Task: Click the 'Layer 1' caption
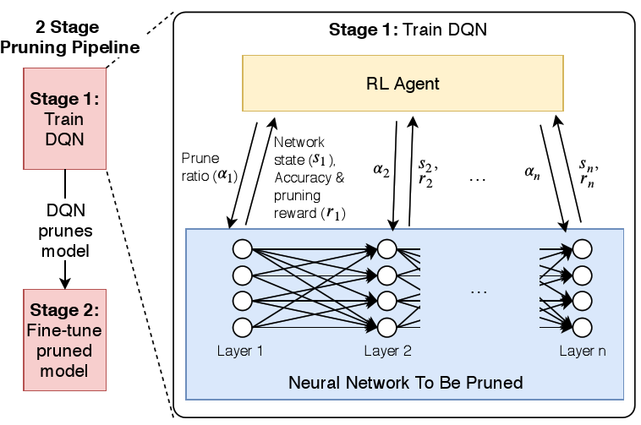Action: [241, 350]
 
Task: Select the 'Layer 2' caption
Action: [388, 350]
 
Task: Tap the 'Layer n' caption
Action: [582, 350]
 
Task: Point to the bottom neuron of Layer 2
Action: [388, 327]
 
